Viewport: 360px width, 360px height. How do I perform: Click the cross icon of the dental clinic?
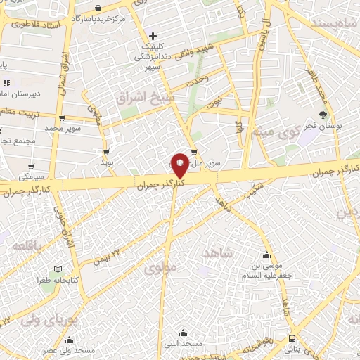click(x=153, y=34)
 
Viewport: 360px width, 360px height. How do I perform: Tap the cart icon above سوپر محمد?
click(x=63, y=118)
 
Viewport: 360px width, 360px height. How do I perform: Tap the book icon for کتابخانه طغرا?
click(x=58, y=269)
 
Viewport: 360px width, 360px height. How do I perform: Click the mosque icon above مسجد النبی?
click(x=183, y=333)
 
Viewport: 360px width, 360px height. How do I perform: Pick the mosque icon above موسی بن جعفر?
click(x=266, y=255)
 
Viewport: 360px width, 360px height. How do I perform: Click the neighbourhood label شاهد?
click(x=217, y=252)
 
